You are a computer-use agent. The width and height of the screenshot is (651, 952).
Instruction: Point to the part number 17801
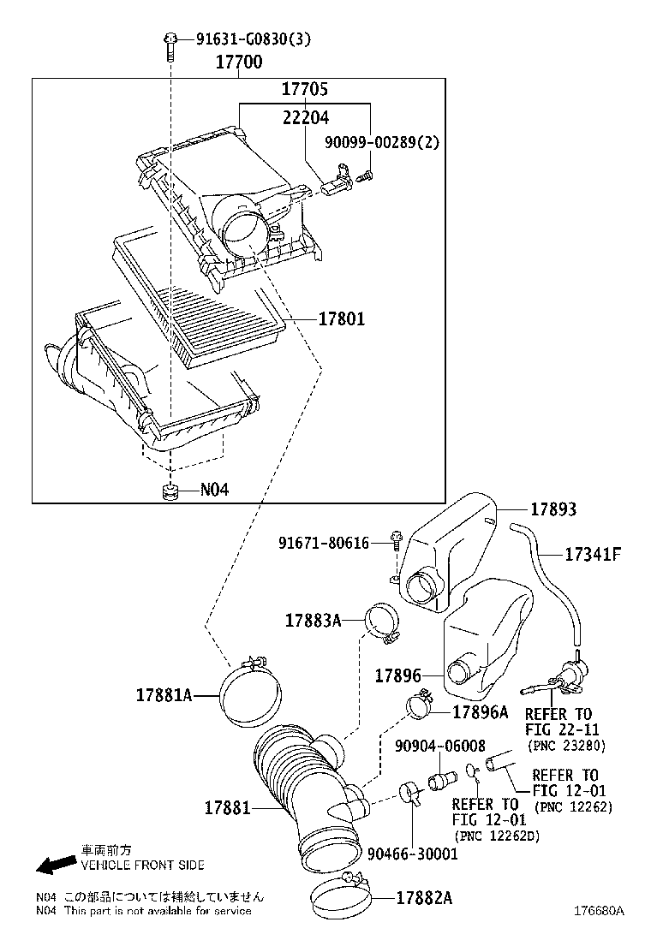click(x=341, y=318)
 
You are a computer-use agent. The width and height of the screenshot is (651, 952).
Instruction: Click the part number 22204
click(x=305, y=117)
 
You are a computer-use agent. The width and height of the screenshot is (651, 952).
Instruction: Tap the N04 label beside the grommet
click(x=214, y=490)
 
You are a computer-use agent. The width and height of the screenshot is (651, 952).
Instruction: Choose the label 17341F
click(x=591, y=554)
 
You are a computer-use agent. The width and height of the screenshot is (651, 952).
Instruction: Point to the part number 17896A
click(x=480, y=711)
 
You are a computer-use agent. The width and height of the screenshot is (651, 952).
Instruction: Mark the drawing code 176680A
click(x=599, y=935)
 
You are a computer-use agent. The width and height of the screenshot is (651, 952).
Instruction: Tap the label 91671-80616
click(x=323, y=543)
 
